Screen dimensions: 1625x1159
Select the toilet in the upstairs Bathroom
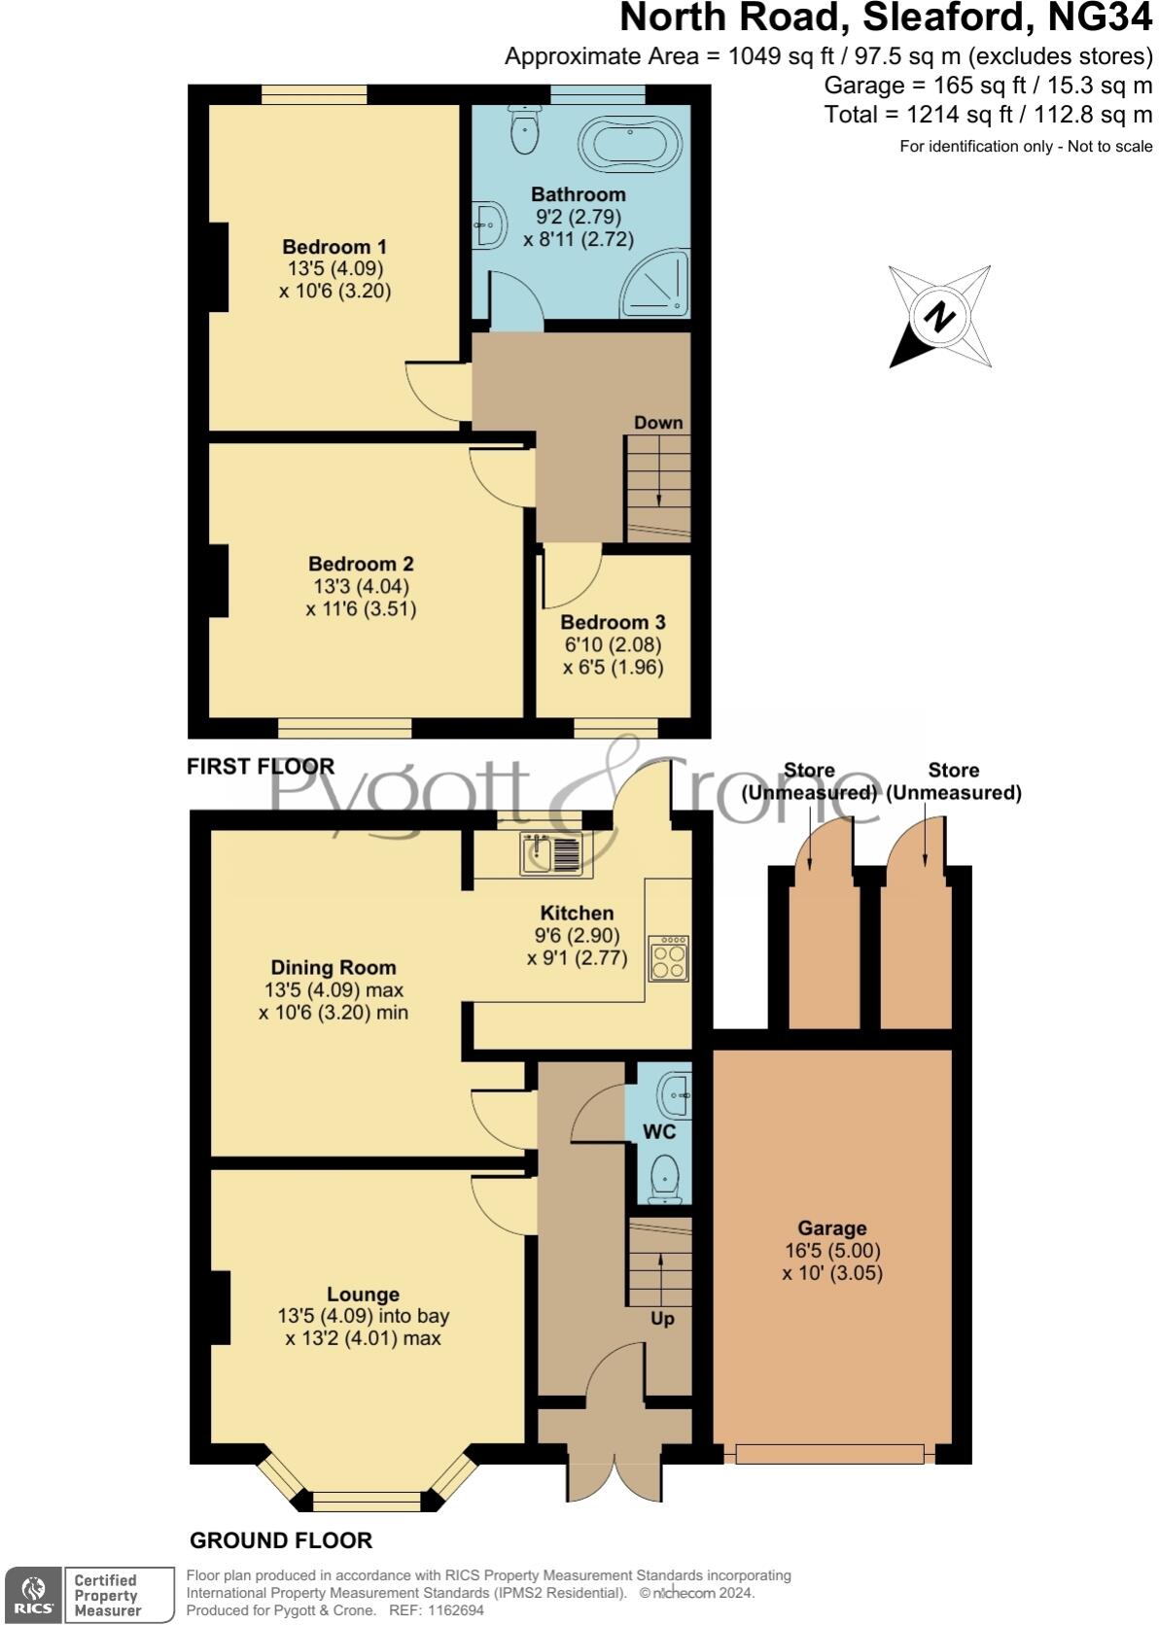524,129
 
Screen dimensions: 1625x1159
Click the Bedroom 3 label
613,622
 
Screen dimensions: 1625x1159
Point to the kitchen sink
550,854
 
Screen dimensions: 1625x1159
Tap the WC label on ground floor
659,1131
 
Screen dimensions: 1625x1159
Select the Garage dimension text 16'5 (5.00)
832,1251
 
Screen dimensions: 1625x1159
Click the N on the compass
938,317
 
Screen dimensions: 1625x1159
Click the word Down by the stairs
658,423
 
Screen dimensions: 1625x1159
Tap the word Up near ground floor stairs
662,1318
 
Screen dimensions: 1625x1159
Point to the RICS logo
33,1595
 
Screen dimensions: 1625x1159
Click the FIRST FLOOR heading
261,766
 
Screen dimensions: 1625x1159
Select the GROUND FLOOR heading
281,1540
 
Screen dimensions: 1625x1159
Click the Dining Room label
334,967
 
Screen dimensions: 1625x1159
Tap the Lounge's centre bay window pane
368,1501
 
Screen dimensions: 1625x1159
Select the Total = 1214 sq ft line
988,115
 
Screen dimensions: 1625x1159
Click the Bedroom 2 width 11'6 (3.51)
361,609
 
